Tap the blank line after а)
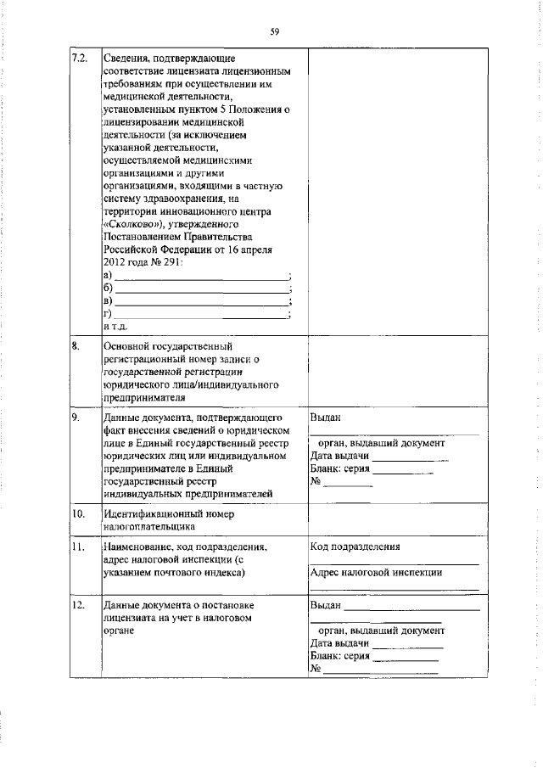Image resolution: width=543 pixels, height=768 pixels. (201, 277)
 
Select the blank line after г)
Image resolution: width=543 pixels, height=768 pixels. (201, 315)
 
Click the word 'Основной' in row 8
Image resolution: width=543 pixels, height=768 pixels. (126, 347)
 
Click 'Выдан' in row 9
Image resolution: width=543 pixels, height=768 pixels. (327, 418)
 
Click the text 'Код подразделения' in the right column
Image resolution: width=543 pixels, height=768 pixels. (355, 547)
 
